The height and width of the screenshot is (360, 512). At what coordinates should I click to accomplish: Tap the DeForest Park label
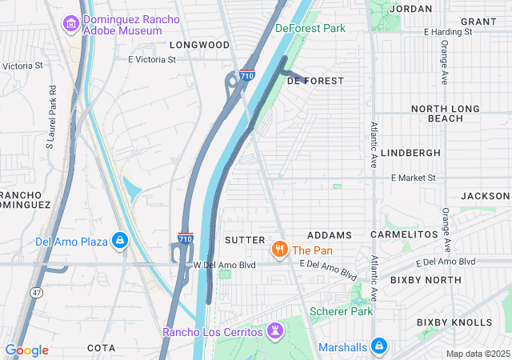310,28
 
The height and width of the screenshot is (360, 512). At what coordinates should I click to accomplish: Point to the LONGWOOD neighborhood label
199,45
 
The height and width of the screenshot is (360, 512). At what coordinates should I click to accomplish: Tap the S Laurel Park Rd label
50,118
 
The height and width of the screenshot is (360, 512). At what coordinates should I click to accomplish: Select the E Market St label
413,178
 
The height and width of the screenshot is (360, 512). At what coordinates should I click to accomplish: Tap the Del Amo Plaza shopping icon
120,240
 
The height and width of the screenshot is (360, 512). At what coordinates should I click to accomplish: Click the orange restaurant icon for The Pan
279,250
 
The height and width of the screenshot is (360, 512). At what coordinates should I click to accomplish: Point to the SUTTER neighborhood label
244,239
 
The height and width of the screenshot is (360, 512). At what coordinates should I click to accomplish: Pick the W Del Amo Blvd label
225,265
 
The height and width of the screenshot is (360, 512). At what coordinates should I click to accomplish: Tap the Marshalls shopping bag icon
379,346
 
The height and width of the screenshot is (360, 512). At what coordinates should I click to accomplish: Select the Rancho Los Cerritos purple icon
275,330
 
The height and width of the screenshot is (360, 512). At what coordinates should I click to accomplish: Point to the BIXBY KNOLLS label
454,322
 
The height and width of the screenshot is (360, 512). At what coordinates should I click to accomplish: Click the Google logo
27,350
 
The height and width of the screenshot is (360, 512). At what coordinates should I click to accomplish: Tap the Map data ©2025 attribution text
477,354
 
